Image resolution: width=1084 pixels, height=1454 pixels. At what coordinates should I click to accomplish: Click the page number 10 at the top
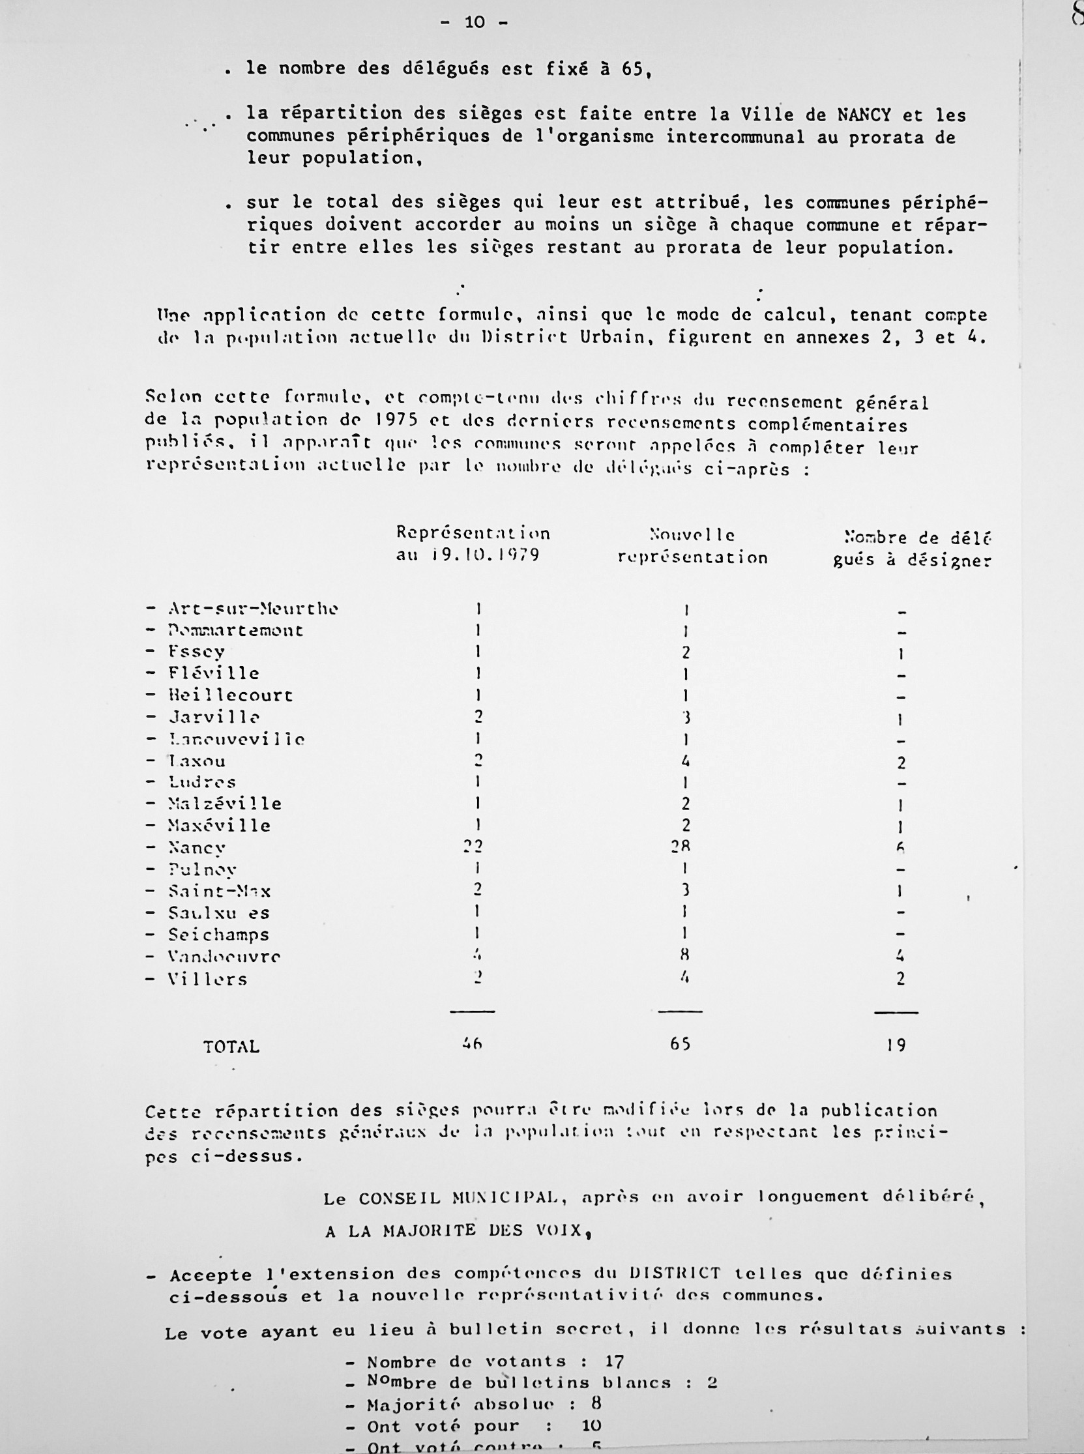click(x=475, y=22)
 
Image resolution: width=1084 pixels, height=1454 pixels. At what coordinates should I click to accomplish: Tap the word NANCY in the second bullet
click(x=864, y=115)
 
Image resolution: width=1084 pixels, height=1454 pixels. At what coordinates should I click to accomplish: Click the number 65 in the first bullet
click(x=632, y=68)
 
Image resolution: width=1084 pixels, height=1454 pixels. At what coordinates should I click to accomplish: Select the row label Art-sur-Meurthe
click(x=253, y=608)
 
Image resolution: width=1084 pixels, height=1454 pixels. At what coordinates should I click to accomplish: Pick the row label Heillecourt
click(x=230, y=695)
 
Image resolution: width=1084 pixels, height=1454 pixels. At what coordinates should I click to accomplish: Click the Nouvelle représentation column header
click(x=692, y=546)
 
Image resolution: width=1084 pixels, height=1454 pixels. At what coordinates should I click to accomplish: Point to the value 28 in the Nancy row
click(x=681, y=847)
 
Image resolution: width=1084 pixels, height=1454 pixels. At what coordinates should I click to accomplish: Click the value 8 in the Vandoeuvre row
click(x=684, y=955)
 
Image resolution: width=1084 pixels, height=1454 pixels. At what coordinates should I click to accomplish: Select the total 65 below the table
click(x=681, y=1043)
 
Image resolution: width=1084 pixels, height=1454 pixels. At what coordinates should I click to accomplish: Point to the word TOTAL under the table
click(x=231, y=1047)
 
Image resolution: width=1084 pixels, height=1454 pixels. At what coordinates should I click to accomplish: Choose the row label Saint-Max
click(x=219, y=891)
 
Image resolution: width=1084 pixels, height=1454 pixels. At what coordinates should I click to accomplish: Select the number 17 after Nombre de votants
click(x=614, y=1361)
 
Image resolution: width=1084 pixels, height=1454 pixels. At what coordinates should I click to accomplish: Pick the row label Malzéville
click(x=224, y=804)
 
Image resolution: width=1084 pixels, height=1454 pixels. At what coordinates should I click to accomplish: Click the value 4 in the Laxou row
click(x=685, y=761)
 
